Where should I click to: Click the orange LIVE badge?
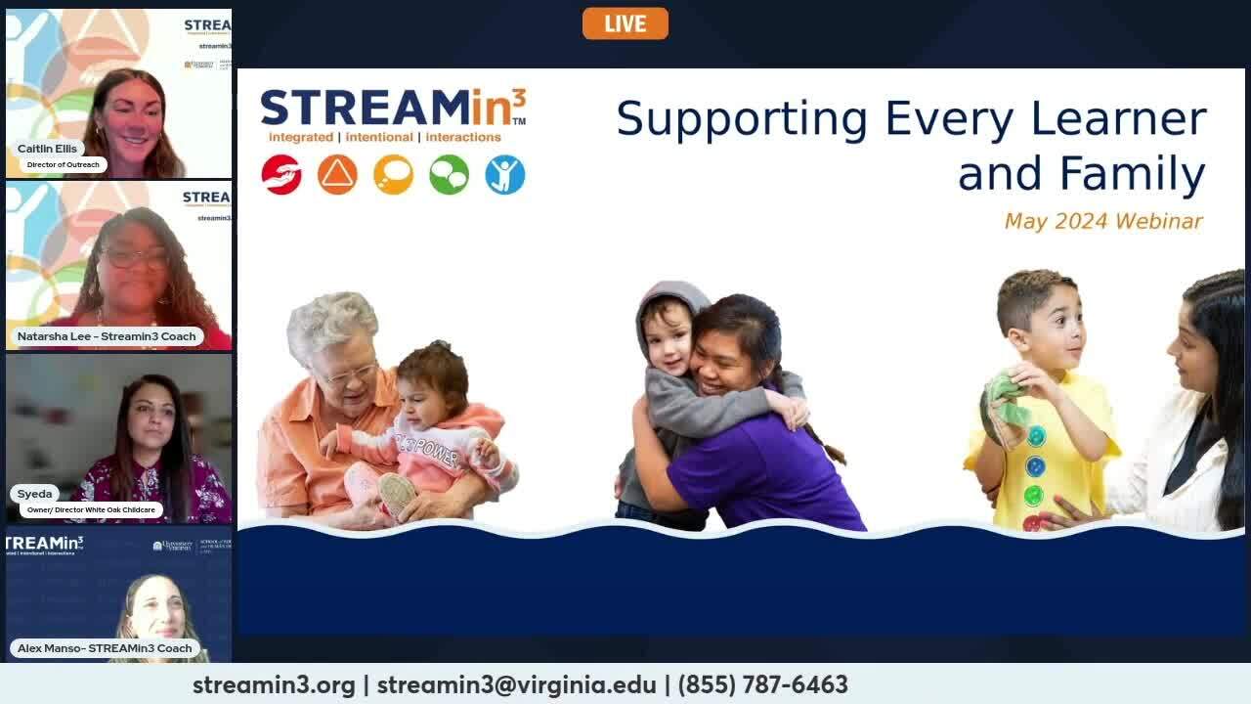625,23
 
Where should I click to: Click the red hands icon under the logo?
281,175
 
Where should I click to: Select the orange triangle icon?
337,175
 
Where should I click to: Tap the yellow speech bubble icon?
393,175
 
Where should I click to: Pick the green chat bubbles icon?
450,175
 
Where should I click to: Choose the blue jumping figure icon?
505,175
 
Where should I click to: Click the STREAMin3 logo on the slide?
393,108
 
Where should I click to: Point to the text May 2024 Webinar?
1103,221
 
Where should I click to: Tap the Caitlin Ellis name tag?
47,149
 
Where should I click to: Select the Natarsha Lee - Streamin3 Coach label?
107,336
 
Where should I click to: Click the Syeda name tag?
34,494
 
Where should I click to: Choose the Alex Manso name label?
105,648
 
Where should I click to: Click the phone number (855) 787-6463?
762,684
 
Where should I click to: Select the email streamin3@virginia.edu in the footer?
516,684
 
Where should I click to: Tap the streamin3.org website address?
274,684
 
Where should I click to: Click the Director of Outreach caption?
63,164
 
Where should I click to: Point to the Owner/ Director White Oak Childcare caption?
91,509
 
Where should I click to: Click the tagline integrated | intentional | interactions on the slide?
384,137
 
